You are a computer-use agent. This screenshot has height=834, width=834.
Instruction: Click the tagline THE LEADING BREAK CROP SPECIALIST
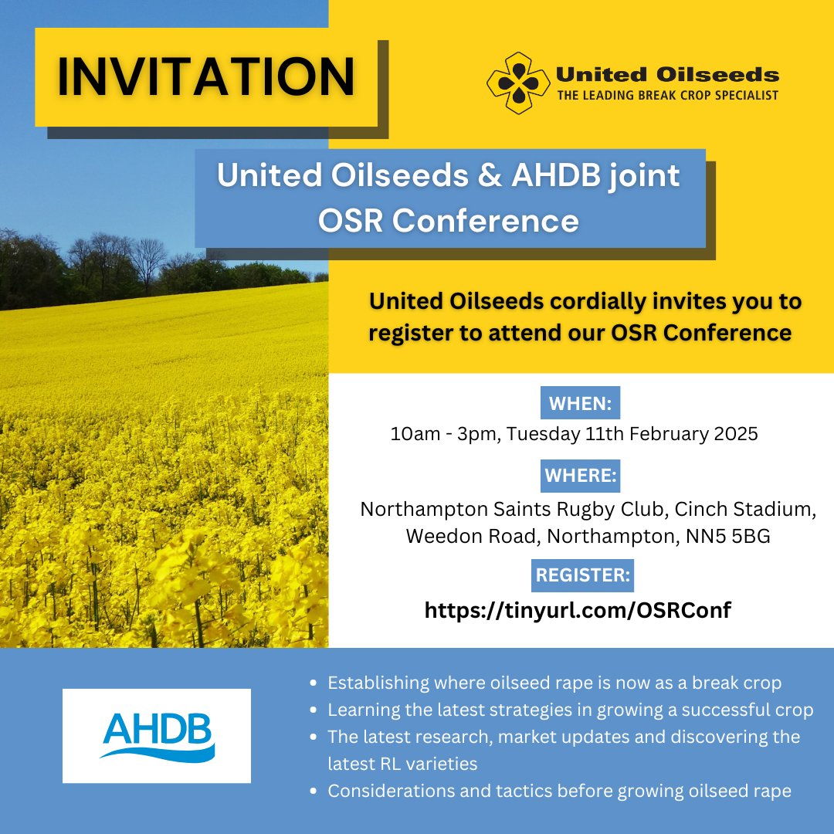(669, 95)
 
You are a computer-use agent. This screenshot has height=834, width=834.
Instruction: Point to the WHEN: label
(580, 403)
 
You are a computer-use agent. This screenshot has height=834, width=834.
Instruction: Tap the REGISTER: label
(584, 575)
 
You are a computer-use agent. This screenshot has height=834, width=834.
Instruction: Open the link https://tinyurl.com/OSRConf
(578, 610)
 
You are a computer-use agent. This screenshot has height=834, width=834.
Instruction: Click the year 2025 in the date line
(733, 434)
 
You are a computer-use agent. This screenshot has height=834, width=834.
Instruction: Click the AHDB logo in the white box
(157, 736)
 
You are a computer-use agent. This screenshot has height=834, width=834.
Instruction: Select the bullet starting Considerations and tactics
(559, 791)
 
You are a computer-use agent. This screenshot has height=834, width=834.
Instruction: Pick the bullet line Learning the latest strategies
(570, 710)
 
